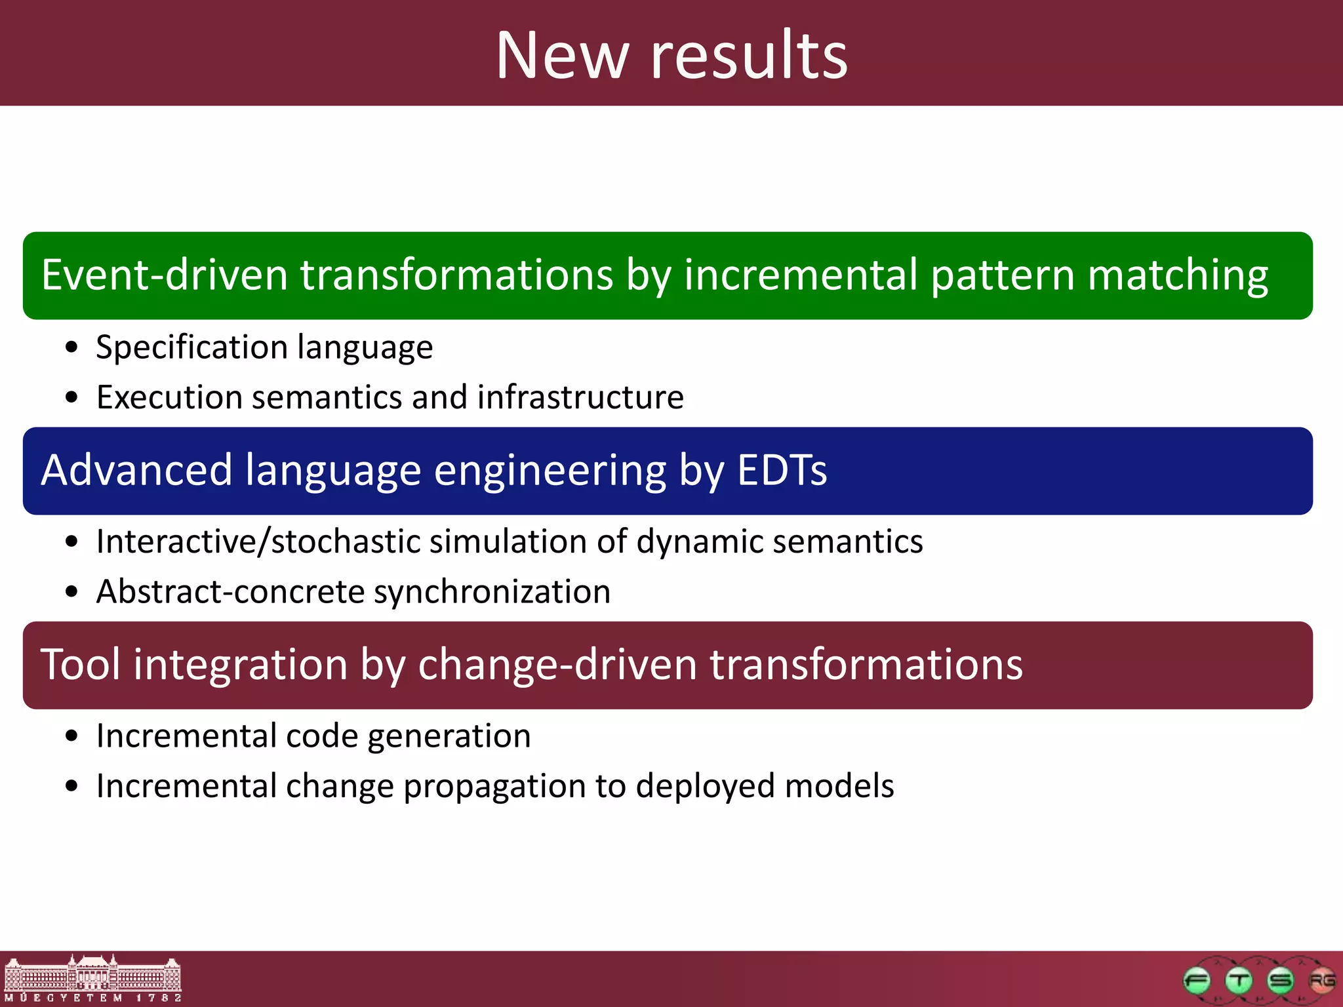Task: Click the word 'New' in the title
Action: [562, 56]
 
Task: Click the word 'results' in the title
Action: [749, 56]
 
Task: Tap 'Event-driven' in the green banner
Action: [164, 275]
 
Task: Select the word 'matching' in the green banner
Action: [1178, 275]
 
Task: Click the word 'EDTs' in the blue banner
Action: [782, 470]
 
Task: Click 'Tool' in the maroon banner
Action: [80, 665]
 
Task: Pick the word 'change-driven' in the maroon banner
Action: [557, 665]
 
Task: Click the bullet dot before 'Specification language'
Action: [71, 348]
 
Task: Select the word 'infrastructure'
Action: [580, 397]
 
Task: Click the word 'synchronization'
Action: [492, 592]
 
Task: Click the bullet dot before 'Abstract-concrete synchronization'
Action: [71, 593]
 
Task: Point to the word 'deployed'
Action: [705, 786]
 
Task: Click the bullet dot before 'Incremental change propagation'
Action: [71, 787]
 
